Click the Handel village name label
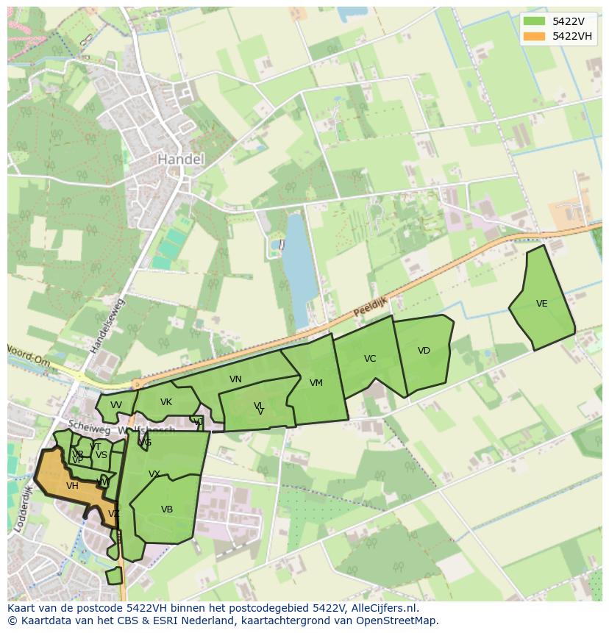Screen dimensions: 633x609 pos(180,159)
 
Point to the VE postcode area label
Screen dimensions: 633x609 pos(542,304)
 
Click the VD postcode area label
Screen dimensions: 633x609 pos(424,351)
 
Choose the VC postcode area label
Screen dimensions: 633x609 pos(370,359)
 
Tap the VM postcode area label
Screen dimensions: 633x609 pos(316,383)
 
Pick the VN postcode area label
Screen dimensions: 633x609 pos(235,379)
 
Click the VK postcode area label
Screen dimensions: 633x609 pos(166,402)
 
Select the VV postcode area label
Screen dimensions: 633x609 pos(116,405)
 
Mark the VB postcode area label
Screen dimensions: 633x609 pos(167,509)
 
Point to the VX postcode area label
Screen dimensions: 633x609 pos(154,474)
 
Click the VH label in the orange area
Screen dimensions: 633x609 pos(72,486)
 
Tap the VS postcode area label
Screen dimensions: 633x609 pos(101,455)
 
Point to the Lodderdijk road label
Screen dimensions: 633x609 pos(21,507)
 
